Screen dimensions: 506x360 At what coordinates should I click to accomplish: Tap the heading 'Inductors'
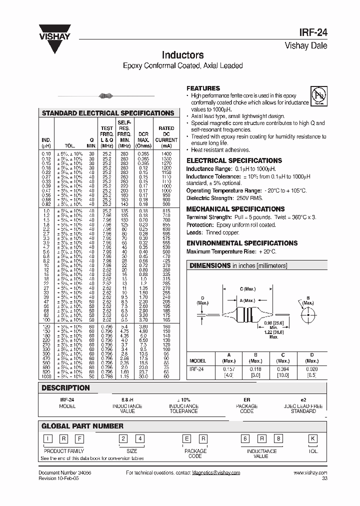(182, 55)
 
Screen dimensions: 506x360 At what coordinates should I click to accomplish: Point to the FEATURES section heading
(203, 88)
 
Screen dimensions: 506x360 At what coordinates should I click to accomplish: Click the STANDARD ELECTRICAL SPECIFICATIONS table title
(108, 113)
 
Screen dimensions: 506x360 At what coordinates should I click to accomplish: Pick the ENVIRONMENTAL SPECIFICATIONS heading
(242, 243)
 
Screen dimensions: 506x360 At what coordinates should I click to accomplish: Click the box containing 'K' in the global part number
(313, 438)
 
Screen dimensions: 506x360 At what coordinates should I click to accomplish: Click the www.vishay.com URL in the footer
(310, 472)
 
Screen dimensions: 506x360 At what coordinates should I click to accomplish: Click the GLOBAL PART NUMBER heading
(82, 426)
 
